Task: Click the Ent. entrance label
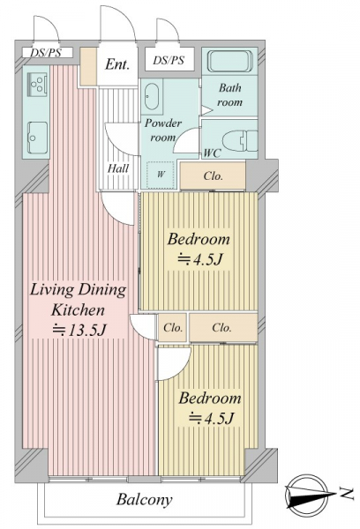tap(117, 64)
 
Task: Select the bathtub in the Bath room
tap(230, 61)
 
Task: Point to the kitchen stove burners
tap(37, 84)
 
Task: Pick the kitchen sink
tap(37, 138)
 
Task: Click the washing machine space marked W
tap(161, 175)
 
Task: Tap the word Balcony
tap(144, 499)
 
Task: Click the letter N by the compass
tap(347, 494)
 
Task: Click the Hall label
tap(118, 168)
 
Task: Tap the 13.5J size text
tap(79, 331)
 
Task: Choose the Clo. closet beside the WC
tap(213, 176)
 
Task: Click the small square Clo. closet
tap(173, 328)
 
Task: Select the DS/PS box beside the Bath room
tap(169, 60)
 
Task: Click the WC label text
tap(212, 153)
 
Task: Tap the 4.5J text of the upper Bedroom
tap(200, 259)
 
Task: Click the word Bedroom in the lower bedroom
tap(210, 399)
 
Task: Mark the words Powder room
tap(163, 130)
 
